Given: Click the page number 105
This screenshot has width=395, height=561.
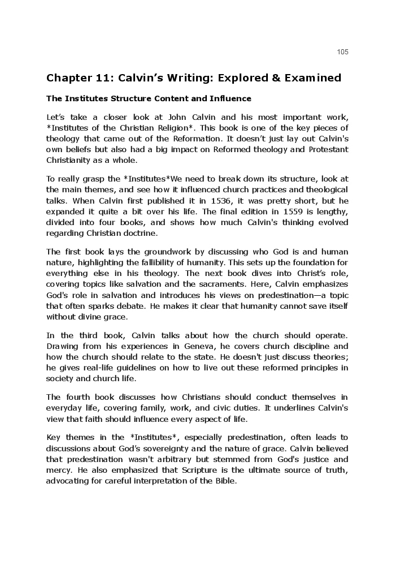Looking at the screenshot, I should pyautogui.click(x=342, y=52).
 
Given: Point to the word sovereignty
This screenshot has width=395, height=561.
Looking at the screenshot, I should pyautogui.click(x=155, y=448).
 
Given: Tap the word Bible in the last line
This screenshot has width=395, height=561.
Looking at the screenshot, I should pyautogui.click(x=225, y=481).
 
